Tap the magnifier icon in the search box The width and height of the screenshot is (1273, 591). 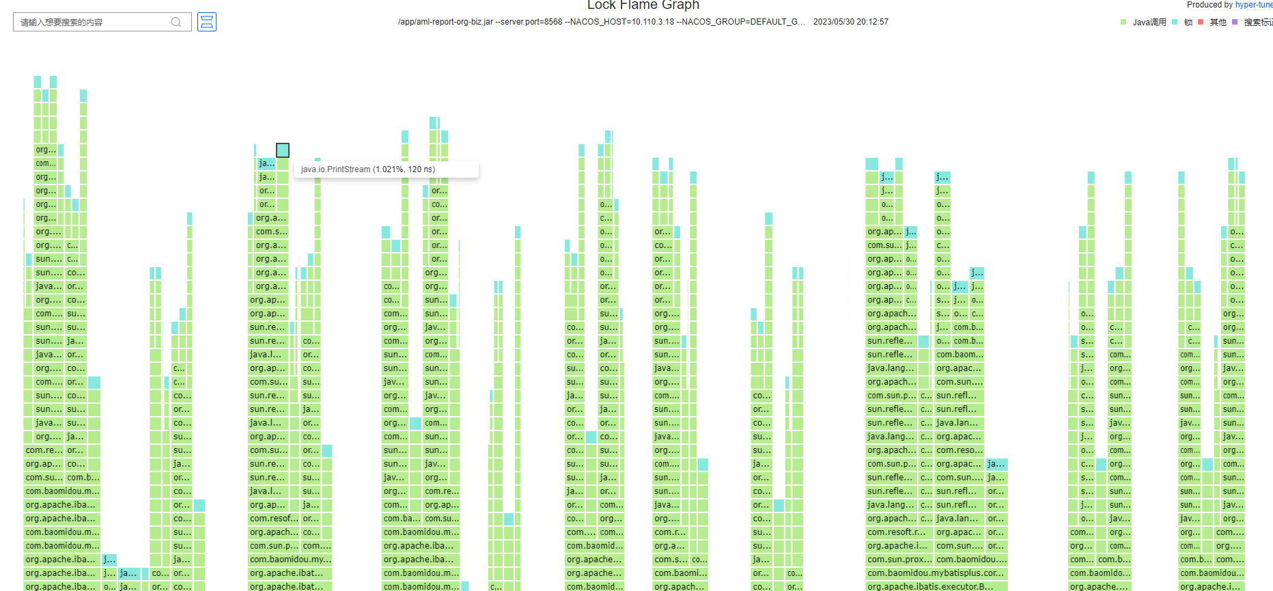[x=176, y=23]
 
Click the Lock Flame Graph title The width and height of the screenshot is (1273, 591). [x=643, y=5]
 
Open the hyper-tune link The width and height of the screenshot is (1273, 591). [x=1254, y=5]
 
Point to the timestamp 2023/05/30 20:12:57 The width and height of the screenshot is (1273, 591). [x=850, y=22]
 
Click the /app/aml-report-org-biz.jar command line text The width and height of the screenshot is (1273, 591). [x=601, y=22]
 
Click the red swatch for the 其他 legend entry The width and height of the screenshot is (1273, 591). [x=1201, y=23]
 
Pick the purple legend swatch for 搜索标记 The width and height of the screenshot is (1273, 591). [x=1235, y=23]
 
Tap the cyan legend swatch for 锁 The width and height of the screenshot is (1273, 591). [x=1175, y=23]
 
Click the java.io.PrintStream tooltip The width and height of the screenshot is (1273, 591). [x=386, y=169]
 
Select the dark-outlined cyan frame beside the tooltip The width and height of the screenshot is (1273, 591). [x=283, y=150]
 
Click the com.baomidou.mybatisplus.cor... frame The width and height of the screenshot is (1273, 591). [x=935, y=573]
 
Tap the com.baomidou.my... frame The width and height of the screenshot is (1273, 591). [x=290, y=560]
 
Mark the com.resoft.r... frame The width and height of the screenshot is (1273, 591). [x=897, y=532]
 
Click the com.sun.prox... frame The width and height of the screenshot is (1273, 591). [x=899, y=560]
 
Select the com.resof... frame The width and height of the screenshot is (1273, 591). [x=273, y=519]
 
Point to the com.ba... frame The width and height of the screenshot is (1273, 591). [x=402, y=519]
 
